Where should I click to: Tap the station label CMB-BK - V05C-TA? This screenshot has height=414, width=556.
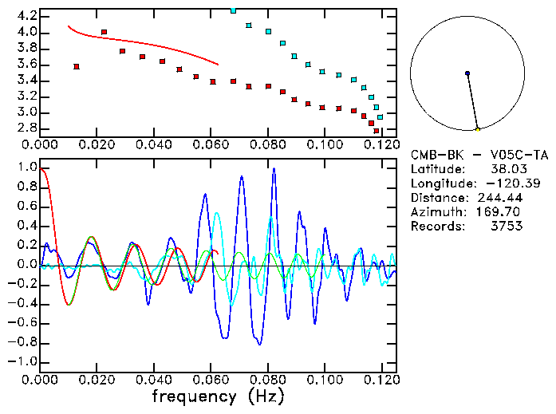pos(479,155)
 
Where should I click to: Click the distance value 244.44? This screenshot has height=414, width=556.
pos(499,198)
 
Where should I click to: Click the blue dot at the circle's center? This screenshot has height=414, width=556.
pos(467,73)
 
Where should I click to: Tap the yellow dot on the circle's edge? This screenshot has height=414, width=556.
pos(478,128)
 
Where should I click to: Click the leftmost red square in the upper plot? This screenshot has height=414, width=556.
pos(77,67)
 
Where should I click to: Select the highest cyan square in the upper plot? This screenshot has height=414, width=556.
pos(233,10)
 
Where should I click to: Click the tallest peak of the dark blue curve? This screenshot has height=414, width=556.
pos(274,169)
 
